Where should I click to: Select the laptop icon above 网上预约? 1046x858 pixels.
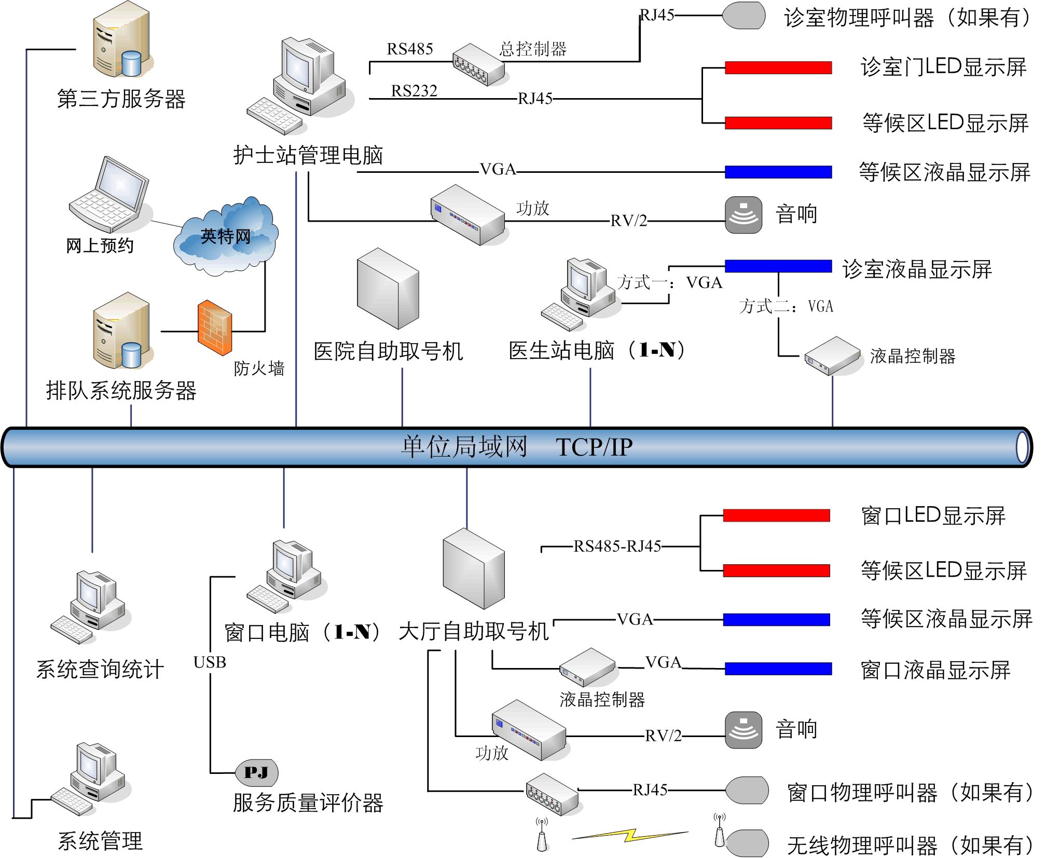[x=111, y=195]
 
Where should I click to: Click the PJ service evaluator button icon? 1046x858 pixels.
[x=257, y=772]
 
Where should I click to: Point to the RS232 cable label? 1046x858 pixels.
[x=414, y=91]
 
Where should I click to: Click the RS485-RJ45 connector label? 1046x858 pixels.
[x=617, y=546]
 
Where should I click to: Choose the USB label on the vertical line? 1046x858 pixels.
[x=210, y=662]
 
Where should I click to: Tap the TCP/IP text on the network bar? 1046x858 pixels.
[x=594, y=447]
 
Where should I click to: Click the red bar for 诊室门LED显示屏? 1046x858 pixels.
[x=778, y=67]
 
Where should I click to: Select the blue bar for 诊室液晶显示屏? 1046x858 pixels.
[x=778, y=266]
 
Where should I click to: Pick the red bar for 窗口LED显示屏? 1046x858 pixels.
[x=776, y=515]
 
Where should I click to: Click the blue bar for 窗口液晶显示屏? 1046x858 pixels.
[x=778, y=669]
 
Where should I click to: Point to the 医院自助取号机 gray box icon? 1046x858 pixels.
[x=388, y=289]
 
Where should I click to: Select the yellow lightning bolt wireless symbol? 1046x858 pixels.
[x=630, y=835]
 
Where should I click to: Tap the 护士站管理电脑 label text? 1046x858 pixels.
[x=308, y=155]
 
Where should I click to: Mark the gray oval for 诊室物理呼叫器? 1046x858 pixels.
[x=744, y=16]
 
